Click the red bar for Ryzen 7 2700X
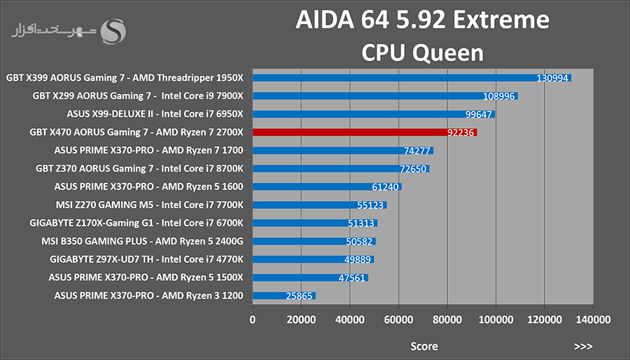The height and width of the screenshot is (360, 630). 365,132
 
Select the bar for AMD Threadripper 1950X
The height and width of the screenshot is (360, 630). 412,78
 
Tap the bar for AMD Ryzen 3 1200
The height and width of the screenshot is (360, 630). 284,296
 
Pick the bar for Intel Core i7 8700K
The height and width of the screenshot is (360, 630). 341,169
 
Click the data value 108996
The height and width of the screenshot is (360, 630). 499,97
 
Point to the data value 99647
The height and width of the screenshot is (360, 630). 479,114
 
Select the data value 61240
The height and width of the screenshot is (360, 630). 385,187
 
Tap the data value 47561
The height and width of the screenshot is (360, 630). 352,278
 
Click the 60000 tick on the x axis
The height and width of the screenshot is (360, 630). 398,320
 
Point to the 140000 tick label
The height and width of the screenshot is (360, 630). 593,320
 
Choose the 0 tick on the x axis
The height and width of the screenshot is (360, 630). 252,320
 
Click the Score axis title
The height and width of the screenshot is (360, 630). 424,346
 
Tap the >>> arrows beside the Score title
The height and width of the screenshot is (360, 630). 583,346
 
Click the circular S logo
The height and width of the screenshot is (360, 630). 113,32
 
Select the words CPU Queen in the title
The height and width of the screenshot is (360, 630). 423,53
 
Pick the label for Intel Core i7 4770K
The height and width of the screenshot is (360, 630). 146,260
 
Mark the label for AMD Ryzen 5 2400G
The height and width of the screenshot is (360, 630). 142,242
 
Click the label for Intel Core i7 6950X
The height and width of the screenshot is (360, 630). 155,114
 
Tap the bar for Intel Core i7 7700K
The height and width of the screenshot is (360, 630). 320,205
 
